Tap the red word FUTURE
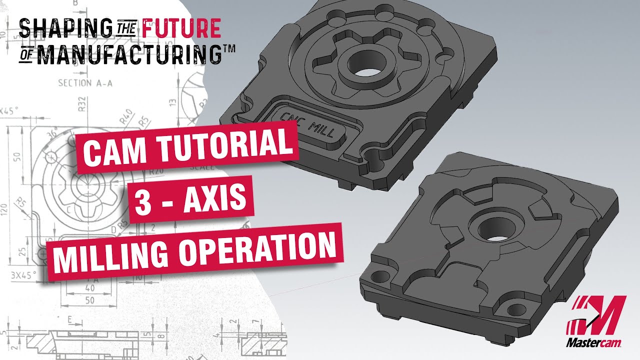click(181, 29)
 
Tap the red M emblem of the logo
click(597, 314)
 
